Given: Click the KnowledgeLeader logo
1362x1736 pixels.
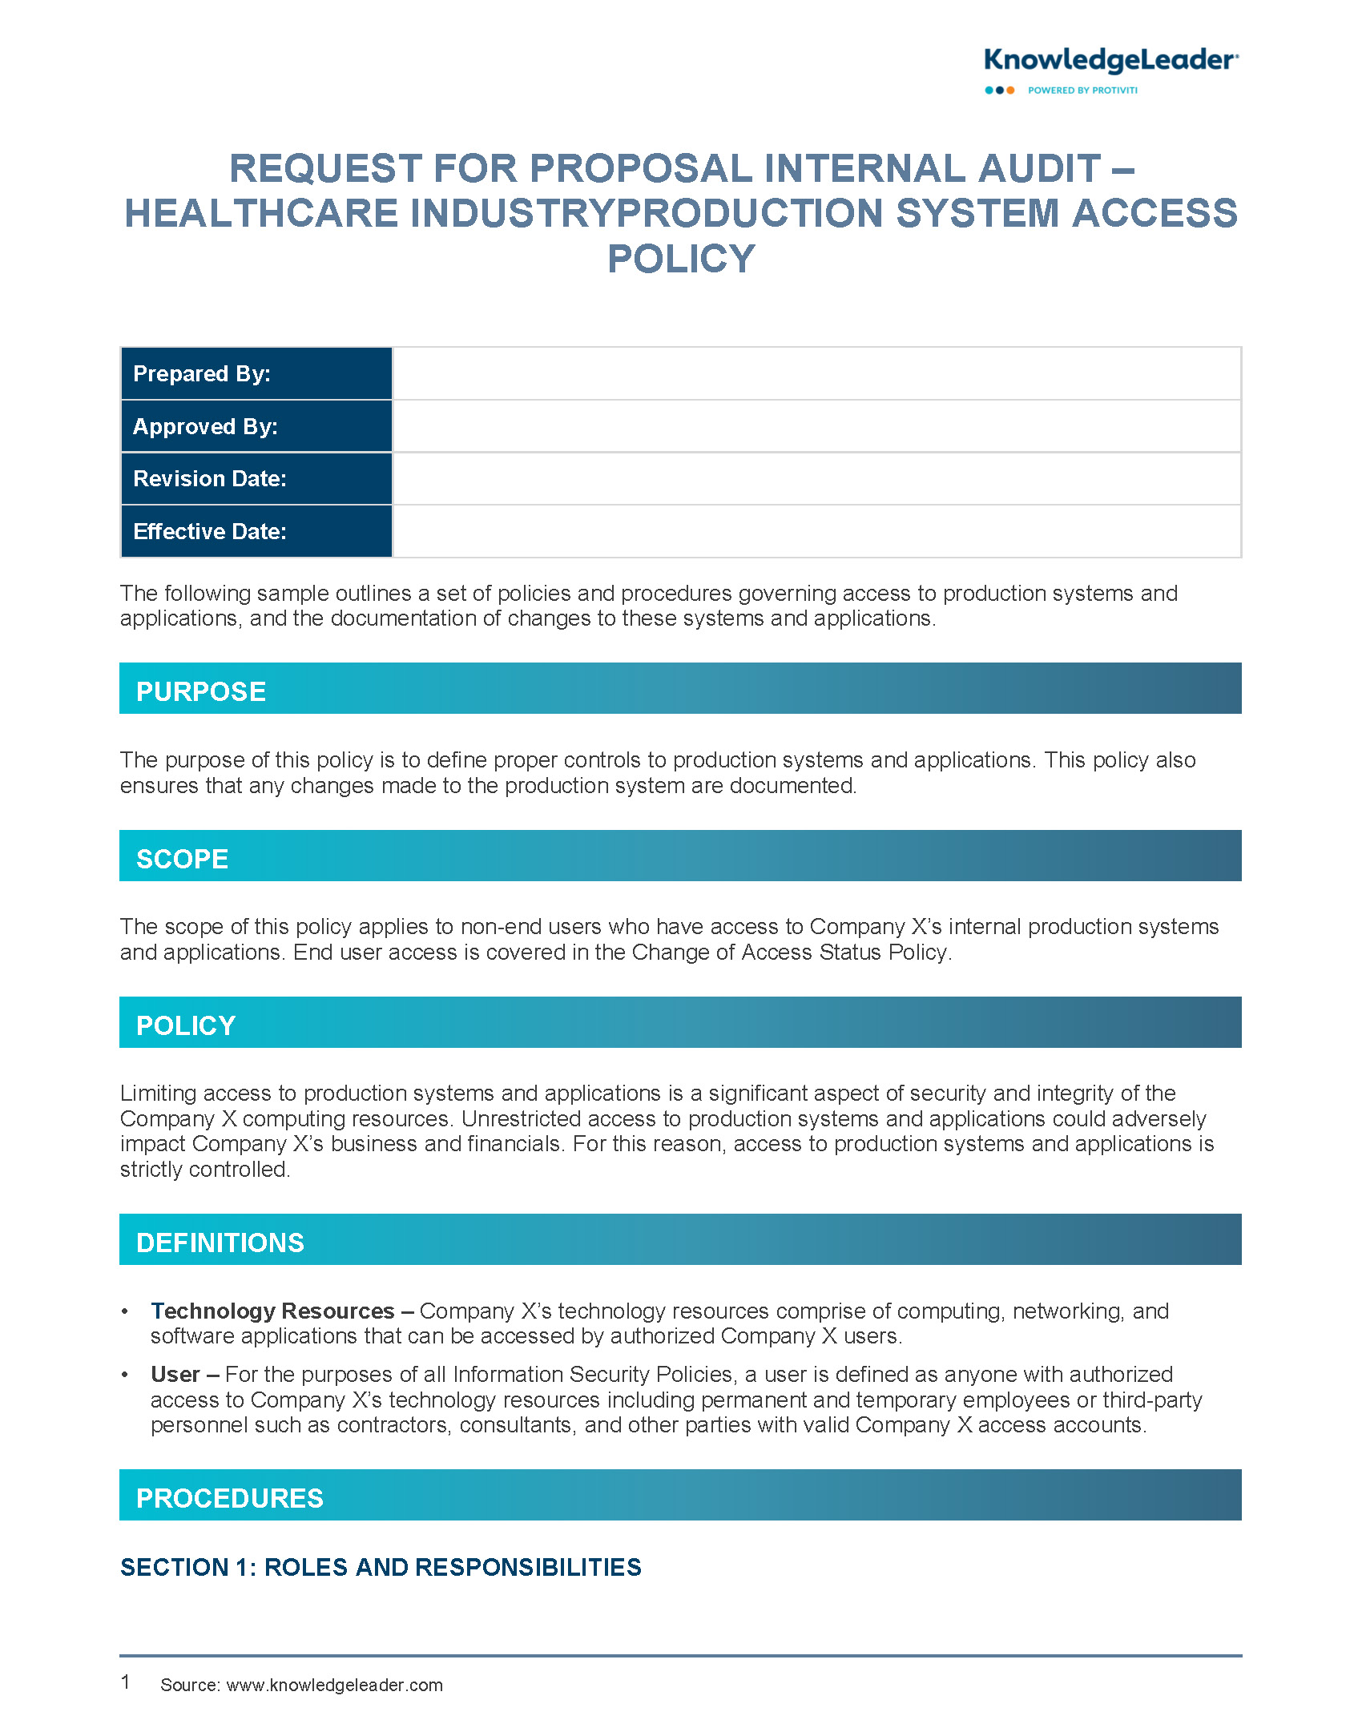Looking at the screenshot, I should point(1110,62).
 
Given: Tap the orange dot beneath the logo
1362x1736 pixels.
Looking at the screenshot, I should point(1010,91).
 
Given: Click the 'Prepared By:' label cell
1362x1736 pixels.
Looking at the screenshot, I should point(256,374).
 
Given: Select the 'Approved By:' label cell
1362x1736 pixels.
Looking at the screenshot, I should point(256,427).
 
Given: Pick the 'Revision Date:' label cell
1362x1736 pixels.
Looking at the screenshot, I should point(256,479).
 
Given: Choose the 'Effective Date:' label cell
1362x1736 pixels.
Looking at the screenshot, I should point(256,532).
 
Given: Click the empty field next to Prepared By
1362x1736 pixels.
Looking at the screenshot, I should point(816,374).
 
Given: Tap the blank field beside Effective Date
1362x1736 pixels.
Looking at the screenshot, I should point(816,532).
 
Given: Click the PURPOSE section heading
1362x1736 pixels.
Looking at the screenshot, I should point(201,692).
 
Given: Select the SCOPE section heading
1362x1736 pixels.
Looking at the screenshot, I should point(183,860).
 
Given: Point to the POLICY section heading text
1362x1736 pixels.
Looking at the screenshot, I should point(186,1026).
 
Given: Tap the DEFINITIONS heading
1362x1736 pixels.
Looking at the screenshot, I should point(220,1243).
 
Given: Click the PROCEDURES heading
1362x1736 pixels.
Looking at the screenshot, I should point(230,1499).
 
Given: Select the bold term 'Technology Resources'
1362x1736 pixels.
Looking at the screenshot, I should point(272,1311).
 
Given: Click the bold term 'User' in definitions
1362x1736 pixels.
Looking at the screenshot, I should point(175,1375).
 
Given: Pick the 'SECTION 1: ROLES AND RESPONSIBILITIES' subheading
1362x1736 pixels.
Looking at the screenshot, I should point(381,1568).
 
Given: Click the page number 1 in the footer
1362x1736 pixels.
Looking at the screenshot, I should point(126,1682).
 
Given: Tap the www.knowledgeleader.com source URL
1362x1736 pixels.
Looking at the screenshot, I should point(335,1686).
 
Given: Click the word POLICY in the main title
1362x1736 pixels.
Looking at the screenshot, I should point(681,260).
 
